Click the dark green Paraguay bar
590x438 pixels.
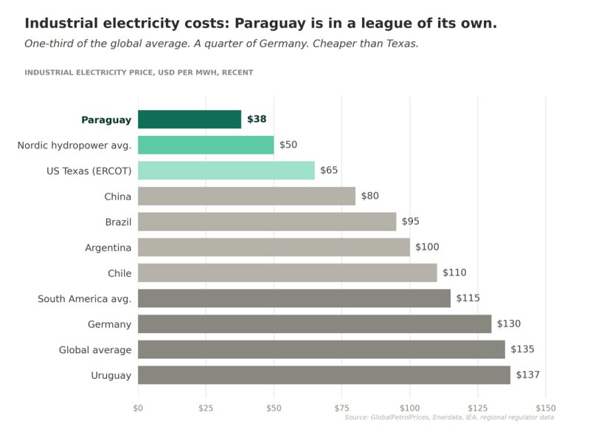[190, 120]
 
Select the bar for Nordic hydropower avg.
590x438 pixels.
[206, 145]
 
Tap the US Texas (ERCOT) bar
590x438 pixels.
[226, 171]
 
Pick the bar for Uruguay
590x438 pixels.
[324, 375]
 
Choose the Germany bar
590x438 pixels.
[314, 324]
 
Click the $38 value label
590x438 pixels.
[257, 120]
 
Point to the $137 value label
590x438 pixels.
[528, 375]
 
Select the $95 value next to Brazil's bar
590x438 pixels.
[411, 222]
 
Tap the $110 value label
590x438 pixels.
[454, 273]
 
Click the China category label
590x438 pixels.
[118, 196]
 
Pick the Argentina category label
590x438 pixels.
[108, 247]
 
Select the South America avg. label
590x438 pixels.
[85, 298]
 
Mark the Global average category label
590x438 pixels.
[95, 349]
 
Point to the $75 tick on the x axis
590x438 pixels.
[341, 408]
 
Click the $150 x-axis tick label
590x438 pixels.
[546, 408]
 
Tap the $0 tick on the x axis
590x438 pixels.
[138, 408]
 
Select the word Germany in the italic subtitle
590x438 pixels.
[222, 44]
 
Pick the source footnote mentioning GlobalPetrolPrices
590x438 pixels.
[449, 417]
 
